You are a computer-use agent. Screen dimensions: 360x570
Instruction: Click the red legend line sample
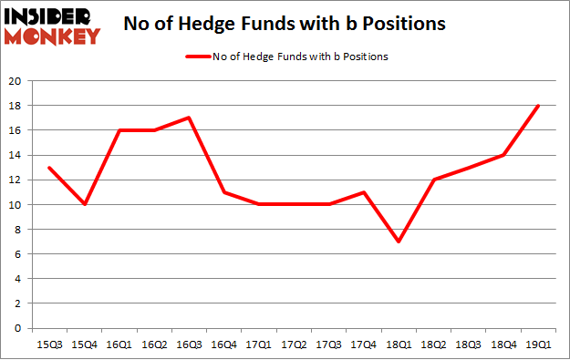click(198, 57)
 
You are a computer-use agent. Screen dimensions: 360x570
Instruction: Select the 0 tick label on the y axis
click(18, 328)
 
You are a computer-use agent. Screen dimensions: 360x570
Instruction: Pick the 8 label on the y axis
click(18, 230)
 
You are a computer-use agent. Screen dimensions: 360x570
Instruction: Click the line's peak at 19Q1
click(535, 106)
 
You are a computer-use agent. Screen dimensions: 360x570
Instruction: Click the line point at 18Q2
click(431, 180)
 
